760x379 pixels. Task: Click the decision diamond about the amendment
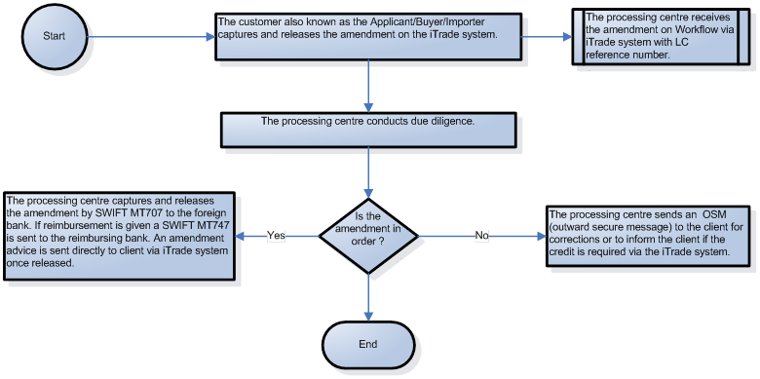point(368,234)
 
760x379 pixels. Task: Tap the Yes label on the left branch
point(275,235)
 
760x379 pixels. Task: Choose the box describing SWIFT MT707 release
point(120,236)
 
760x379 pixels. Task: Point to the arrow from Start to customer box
point(146,37)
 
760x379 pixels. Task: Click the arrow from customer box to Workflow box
point(548,37)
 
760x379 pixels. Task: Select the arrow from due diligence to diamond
point(368,166)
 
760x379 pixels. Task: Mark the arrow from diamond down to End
point(368,297)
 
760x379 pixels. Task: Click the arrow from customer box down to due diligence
point(368,86)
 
